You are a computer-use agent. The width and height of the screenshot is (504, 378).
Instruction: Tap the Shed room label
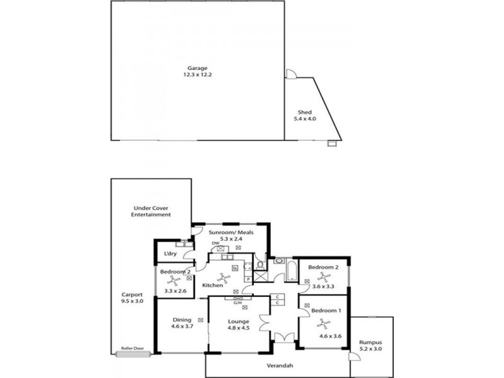point(304,112)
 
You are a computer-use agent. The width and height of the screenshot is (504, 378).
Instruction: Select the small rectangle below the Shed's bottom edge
point(332,144)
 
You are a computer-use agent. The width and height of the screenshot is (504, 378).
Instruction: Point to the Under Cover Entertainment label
point(151,211)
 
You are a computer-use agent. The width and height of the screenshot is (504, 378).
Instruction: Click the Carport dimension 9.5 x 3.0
point(133,301)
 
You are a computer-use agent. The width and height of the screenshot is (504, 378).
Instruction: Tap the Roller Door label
point(133,348)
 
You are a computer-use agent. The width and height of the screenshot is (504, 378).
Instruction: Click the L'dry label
point(169,254)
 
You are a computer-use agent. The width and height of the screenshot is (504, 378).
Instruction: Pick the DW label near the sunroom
point(215,243)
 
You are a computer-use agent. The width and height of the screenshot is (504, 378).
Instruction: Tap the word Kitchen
point(212,285)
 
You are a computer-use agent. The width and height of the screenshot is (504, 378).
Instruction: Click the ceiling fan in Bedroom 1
point(324,323)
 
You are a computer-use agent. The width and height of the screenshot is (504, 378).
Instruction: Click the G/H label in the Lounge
point(238,302)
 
